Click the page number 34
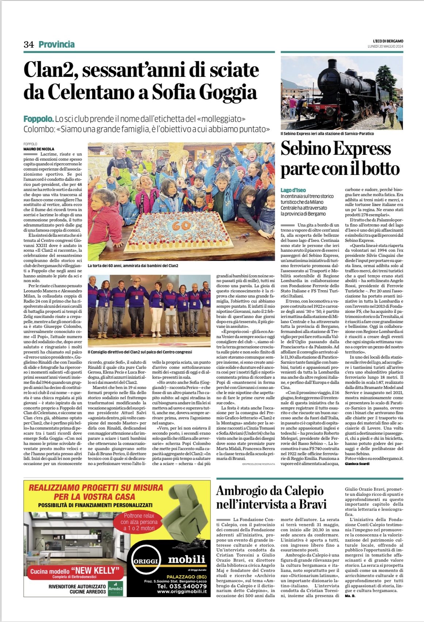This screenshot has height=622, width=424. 29,45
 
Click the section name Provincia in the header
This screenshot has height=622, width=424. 57,45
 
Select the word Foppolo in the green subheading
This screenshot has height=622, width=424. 38,119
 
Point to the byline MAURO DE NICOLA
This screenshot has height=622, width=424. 39,149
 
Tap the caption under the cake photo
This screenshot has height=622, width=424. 133,265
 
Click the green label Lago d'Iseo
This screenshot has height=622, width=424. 293,190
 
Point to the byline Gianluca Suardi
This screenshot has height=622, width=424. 357,464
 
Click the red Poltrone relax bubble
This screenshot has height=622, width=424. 139,522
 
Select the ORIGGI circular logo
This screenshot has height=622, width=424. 145,561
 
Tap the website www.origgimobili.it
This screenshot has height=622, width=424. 182,592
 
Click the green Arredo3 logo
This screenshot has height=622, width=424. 116,589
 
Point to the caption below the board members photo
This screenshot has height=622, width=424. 140,352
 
